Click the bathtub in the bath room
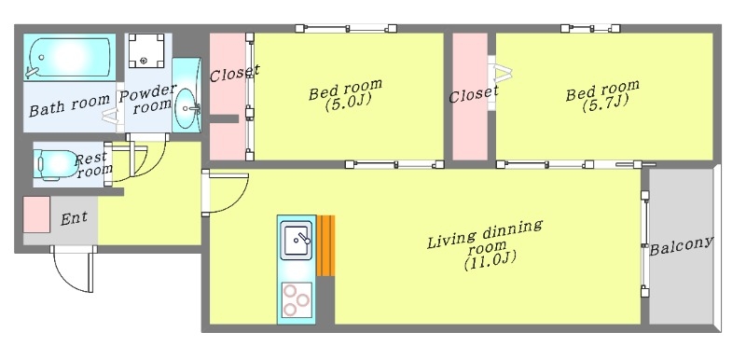(70, 58)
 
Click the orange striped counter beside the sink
(325, 245)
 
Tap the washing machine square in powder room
(145, 50)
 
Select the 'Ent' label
(75, 219)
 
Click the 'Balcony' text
(681, 245)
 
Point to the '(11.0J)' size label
(484, 262)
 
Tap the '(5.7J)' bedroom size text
(602, 104)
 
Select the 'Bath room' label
(70, 108)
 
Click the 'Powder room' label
(146, 99)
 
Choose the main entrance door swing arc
(73, 270)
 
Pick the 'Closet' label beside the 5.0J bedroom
(233, 71)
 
